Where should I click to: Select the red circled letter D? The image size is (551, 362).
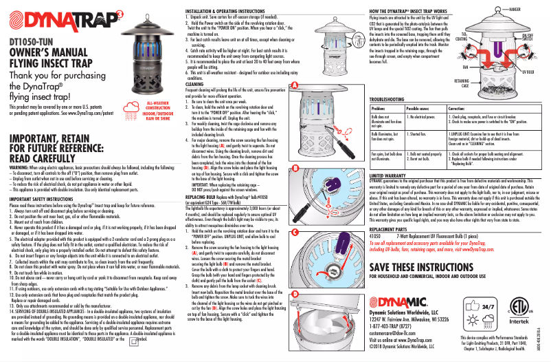click(295, 293)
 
